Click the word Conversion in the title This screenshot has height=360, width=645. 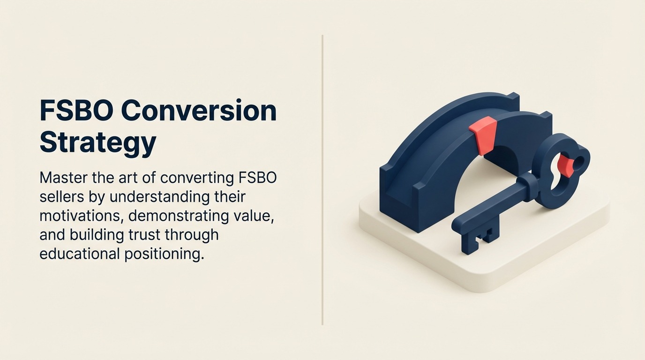click(x=199, y=112)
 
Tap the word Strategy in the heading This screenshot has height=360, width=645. click(x=97, y=142)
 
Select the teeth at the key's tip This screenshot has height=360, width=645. click(x=478, y=239)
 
